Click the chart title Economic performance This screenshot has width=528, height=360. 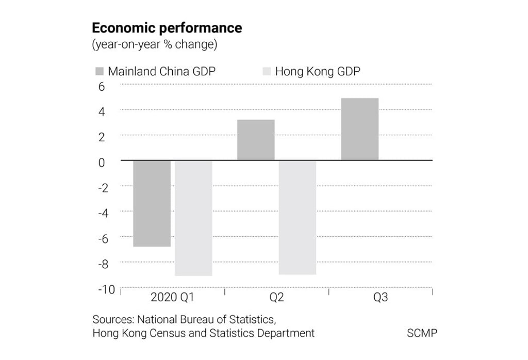pos(167,27)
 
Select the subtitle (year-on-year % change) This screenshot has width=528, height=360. pos(154,44)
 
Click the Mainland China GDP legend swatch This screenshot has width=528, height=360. pos(99,71)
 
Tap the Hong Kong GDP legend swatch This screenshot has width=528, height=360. pos(266,71)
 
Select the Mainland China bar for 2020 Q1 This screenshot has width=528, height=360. pos(152,203)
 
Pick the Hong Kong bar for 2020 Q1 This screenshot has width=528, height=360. pos(193,218)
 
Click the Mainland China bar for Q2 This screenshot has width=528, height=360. pos(256,140)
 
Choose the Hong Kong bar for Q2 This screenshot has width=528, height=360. pos(298,217)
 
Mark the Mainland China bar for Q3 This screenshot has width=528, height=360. pos(360,129)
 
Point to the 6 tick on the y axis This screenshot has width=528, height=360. pos(102,87)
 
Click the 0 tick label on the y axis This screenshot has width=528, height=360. pos(102,162)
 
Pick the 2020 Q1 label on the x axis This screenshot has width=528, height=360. pos(172,298)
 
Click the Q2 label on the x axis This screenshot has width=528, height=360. pos(276,298)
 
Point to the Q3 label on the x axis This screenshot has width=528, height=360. pos(381,298)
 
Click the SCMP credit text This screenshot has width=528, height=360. pos(422,333)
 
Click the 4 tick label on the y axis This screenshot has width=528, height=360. pos(102,112)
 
